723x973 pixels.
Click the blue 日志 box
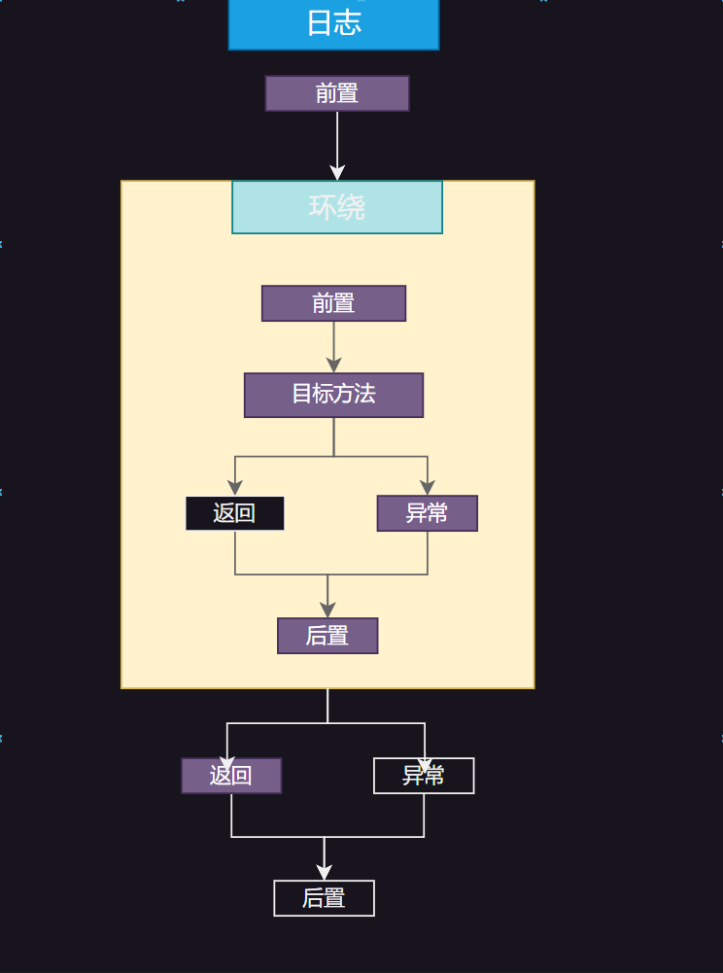click(x=333, y=23)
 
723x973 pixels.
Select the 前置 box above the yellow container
click(x=337, y=93)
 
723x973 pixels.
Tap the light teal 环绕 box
click(x=337, y=207)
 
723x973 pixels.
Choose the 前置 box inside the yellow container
click(x=333, y=303)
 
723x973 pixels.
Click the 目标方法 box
click(x=333, y=395)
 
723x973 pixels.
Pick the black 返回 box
click(x=234, y=513)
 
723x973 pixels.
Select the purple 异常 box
click(x=427, y=513)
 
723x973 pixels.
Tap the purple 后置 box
click(x=327, y=636)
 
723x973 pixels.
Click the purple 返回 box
click(x=231, y=776)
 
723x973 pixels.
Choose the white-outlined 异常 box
click(x=424, y=776)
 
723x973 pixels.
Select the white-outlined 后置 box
click(x=324, y=898)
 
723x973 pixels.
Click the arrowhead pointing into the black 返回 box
click(x=235, y=488)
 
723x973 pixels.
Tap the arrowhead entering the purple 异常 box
click(x=428, y=488)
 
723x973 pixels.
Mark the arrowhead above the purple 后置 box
click(x=327, y=610)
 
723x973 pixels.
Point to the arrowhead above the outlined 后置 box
click(x=324, y=873)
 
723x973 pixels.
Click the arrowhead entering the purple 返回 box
click(x=227, y=762)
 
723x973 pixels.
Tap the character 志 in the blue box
click(x=348, y=23)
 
